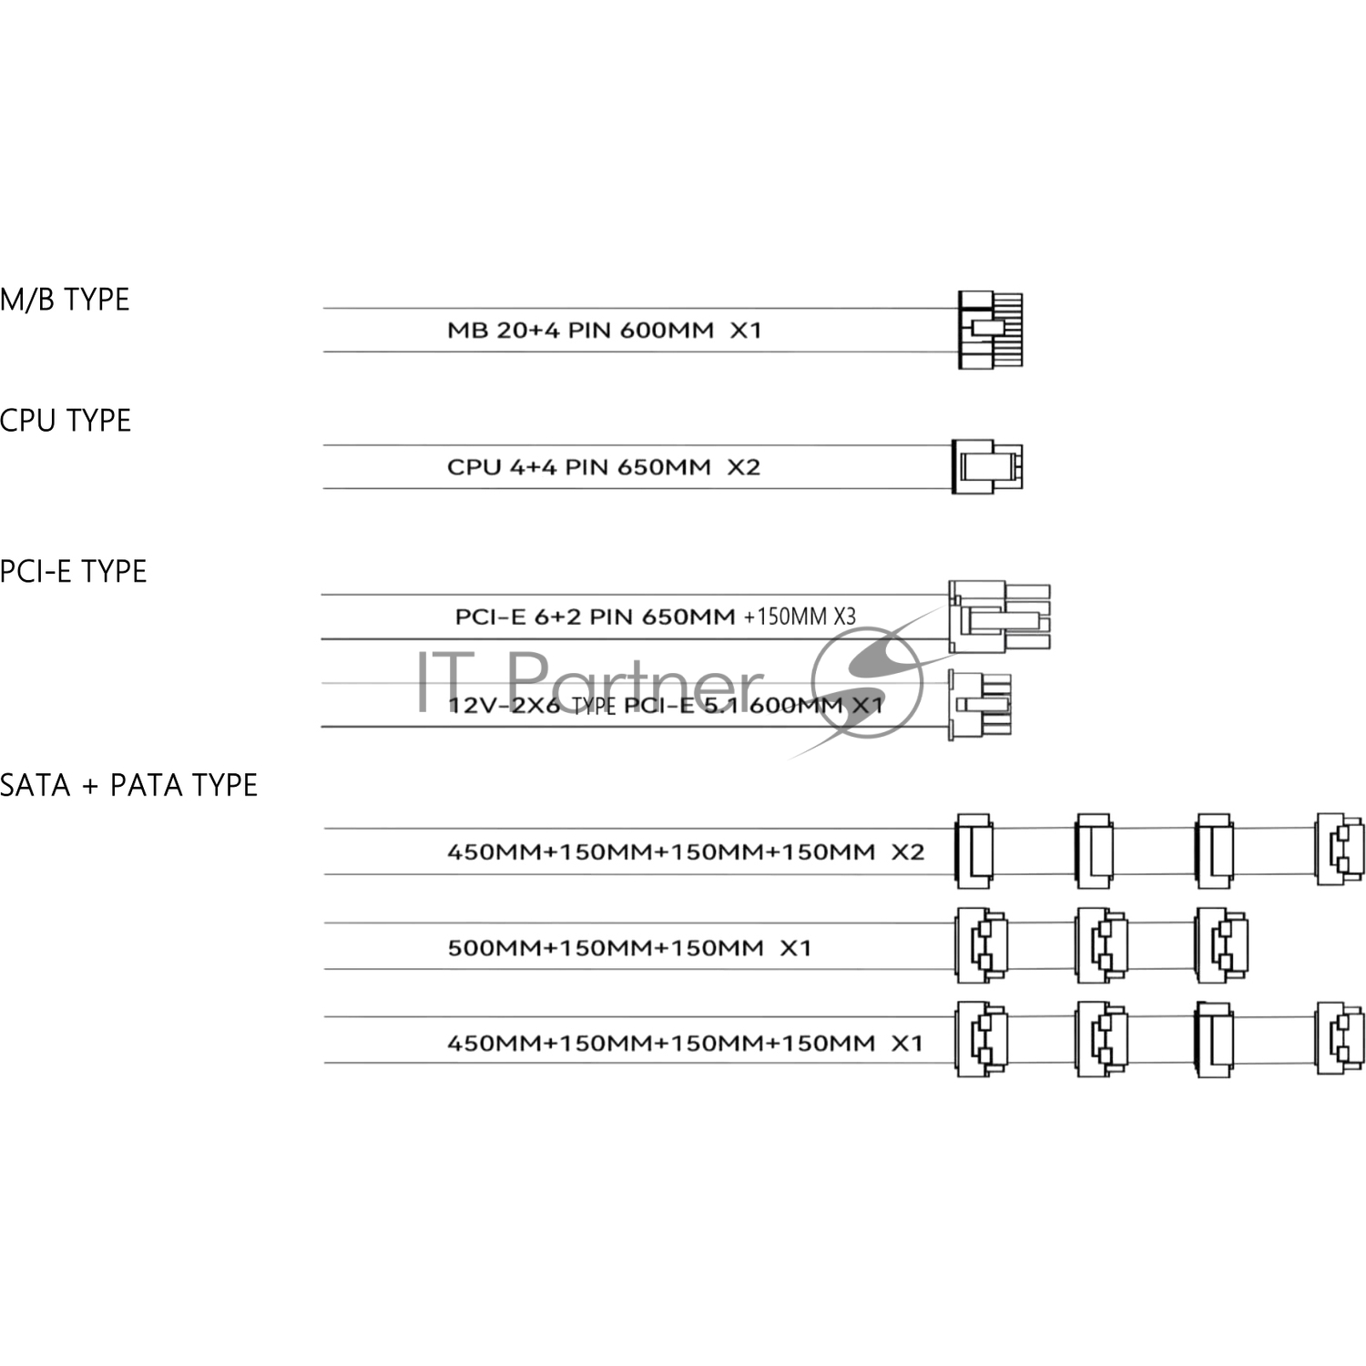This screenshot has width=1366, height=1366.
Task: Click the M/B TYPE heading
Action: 65,300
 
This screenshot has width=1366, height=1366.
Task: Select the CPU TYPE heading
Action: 66,421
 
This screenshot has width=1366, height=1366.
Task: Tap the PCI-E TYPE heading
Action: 73,572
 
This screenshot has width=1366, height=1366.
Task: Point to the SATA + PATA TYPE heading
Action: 128,785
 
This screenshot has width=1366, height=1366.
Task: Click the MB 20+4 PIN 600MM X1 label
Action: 604,330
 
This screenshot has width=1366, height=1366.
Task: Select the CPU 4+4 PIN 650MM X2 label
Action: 603,467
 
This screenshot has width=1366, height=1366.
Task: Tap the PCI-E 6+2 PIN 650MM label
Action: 595,617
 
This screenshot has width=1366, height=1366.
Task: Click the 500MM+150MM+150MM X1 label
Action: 628,948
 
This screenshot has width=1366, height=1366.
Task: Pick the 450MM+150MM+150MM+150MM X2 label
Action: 685,852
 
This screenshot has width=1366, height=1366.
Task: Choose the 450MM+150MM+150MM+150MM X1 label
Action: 685,1043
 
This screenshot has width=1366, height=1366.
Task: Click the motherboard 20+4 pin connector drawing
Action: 991,330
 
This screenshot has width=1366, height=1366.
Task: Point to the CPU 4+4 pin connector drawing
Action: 987,466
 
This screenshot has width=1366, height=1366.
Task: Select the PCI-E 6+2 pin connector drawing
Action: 999,617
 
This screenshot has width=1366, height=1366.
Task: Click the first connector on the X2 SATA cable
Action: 974,851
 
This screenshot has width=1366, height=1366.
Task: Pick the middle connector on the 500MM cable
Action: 1101,945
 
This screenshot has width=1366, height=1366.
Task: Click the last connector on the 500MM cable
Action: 1221,945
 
